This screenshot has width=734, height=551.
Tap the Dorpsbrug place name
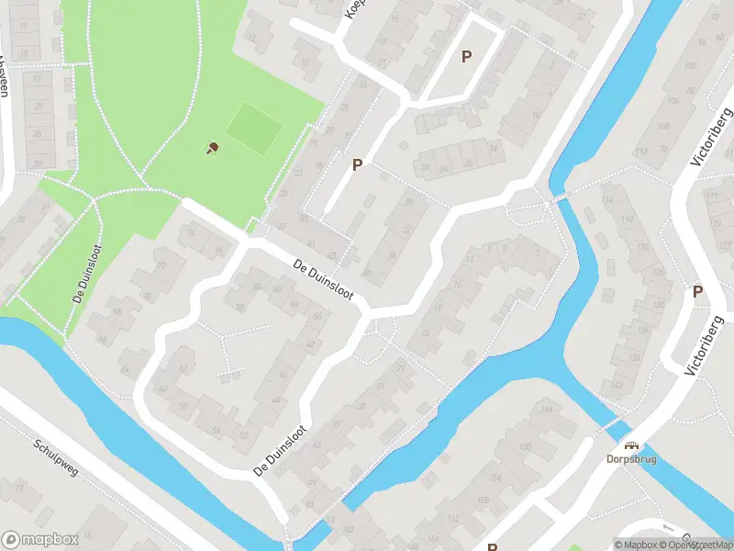[632, 459]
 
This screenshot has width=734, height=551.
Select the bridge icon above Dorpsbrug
[632, 445]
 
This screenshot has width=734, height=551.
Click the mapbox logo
[39, 540]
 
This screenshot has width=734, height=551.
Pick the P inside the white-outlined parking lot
[466, 57]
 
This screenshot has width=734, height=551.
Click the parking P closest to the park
[357, 164]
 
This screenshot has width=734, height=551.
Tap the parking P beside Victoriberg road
[697, 291]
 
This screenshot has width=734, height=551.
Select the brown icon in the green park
[213, 147]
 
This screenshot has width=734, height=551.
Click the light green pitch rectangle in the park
[253, 128]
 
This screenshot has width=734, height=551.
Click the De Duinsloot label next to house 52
[281, 451]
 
